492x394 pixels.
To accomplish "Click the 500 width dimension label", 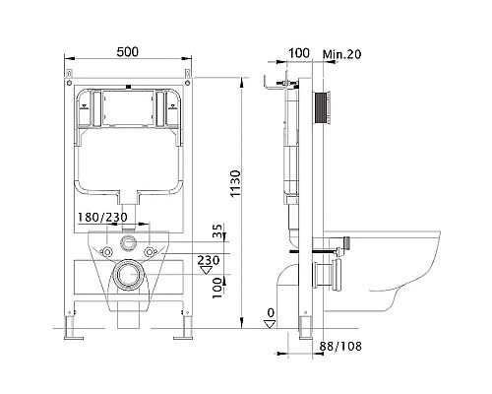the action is [128, 52].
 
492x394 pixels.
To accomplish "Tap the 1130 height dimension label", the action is [235, 183].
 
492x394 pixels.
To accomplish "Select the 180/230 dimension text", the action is [102, 217].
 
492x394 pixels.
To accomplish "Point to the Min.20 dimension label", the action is [341, 54].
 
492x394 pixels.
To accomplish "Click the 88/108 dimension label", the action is [340, 346].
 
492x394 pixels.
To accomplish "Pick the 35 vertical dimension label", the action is [216, 230].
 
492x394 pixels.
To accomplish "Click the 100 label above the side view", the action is [299, 53].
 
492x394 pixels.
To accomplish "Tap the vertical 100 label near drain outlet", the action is [216, 288].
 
